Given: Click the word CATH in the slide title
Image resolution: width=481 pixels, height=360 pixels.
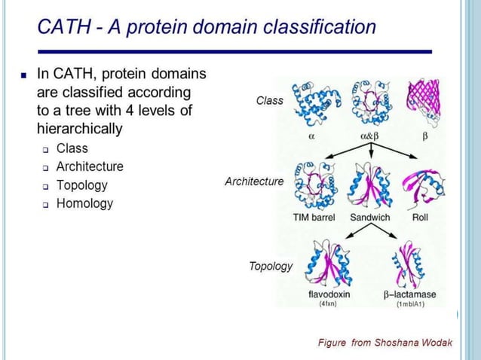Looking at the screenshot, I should [x=62, y=29].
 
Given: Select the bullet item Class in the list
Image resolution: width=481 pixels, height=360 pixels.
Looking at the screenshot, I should [x=72, y=148].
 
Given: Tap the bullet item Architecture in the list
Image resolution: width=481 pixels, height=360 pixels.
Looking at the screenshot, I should [x=90, y=166].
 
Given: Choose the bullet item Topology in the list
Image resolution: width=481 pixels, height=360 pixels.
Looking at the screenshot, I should [x=81, y=185].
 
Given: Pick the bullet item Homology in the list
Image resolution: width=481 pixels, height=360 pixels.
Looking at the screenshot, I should [x=84, y=203].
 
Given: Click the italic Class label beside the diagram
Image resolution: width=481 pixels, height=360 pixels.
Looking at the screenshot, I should [x=269, y=100].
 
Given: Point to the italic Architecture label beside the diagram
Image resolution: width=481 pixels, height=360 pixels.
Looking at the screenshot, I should [x=254, y=182].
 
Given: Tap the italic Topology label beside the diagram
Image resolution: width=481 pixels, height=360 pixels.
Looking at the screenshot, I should [x=271, y=267].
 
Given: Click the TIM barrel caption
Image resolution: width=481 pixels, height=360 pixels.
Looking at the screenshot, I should [x=314, y=218].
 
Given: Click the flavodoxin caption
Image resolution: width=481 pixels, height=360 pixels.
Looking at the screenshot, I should [x=329, y=294].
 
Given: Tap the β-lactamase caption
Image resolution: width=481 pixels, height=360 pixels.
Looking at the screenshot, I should [x=409, y=294].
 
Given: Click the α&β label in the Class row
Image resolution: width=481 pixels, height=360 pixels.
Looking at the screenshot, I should [x=369, y=138].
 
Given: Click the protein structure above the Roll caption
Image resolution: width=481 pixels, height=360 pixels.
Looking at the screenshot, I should [x=421, y=185].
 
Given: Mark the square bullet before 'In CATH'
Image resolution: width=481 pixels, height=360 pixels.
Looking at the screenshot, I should [x=23, y=75].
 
